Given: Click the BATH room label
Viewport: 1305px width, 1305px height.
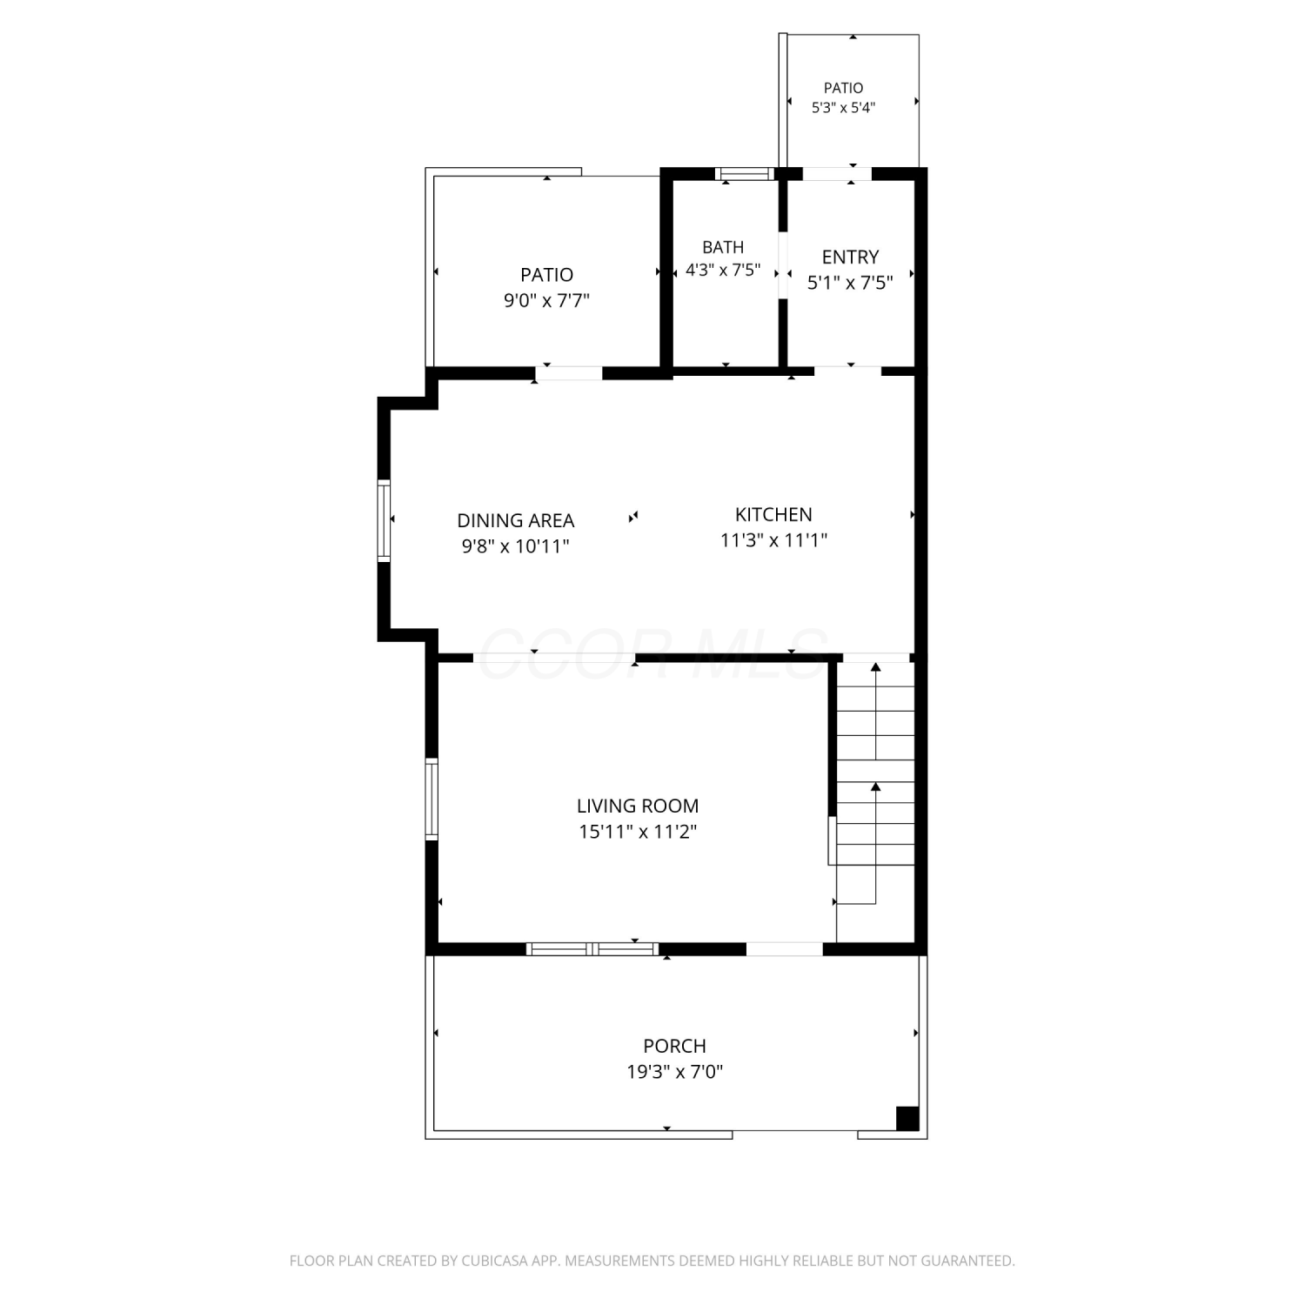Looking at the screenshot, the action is tap(723, 248).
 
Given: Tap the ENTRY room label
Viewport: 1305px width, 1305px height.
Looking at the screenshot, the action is tap(850, 258).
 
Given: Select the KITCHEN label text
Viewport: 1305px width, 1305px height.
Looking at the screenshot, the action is tap(773, 514).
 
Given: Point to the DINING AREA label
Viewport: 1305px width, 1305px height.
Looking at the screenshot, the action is tap(516, 520).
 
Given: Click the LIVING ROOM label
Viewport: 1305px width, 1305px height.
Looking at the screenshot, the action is tap(638, 806).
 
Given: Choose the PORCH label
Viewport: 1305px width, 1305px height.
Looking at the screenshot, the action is tap(674, 1046).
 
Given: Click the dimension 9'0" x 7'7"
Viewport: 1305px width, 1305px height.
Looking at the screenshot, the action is tap(547, 301).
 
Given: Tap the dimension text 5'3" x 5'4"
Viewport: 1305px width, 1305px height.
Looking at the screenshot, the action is tap(843, 108).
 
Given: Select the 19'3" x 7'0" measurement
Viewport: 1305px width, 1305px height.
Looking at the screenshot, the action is tap(675, 1072).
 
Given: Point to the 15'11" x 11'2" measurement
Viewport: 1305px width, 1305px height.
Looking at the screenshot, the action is tap(638, 832).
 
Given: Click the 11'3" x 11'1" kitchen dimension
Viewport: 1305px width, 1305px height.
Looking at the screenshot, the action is tap(773, 540).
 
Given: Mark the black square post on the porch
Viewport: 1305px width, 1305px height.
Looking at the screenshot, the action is tap(907, 1118).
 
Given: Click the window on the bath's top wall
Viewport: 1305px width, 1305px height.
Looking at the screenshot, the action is tap(744, 174).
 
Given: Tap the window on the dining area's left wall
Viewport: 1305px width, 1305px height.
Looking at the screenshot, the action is tap(384, 520).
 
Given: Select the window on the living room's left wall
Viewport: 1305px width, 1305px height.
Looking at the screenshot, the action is tap(432, 799).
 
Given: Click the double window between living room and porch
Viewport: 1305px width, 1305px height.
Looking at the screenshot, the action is tap(592, 948).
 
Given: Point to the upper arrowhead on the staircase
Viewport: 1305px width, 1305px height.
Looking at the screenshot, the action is tap(876, 667).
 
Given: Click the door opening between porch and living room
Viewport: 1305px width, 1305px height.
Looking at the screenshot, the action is tap(785, 948).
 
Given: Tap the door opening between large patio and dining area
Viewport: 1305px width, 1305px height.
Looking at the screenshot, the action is tap(569, 373).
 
